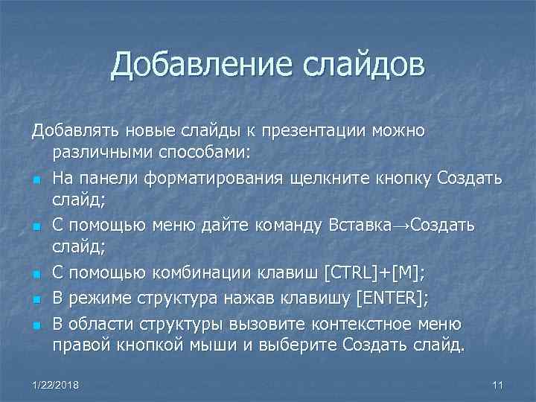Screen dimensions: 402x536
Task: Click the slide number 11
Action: coord(498,384)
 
